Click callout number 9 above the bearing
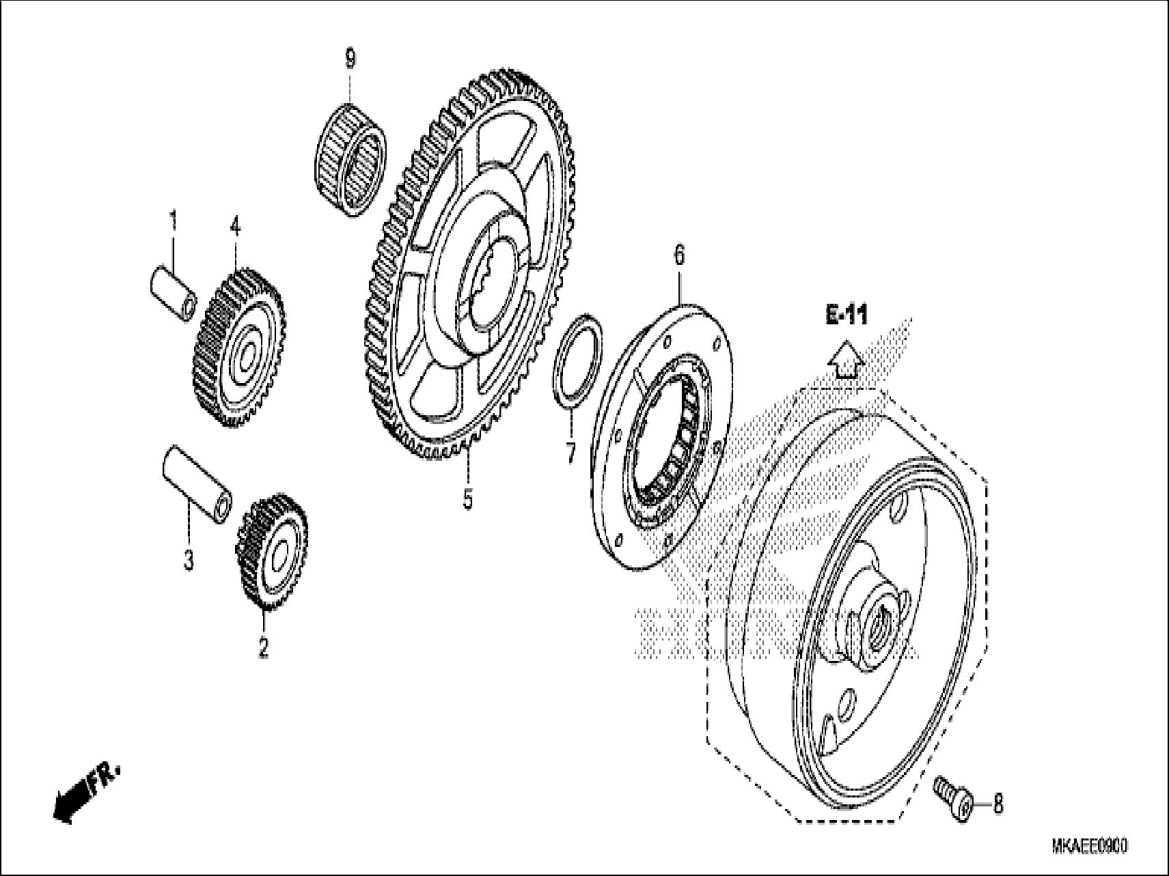point(350,60)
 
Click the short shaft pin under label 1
point(174,294)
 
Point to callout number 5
point(467,498)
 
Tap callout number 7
point(571,453)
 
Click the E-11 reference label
point(847,315)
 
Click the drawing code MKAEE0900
point(1089,847)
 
